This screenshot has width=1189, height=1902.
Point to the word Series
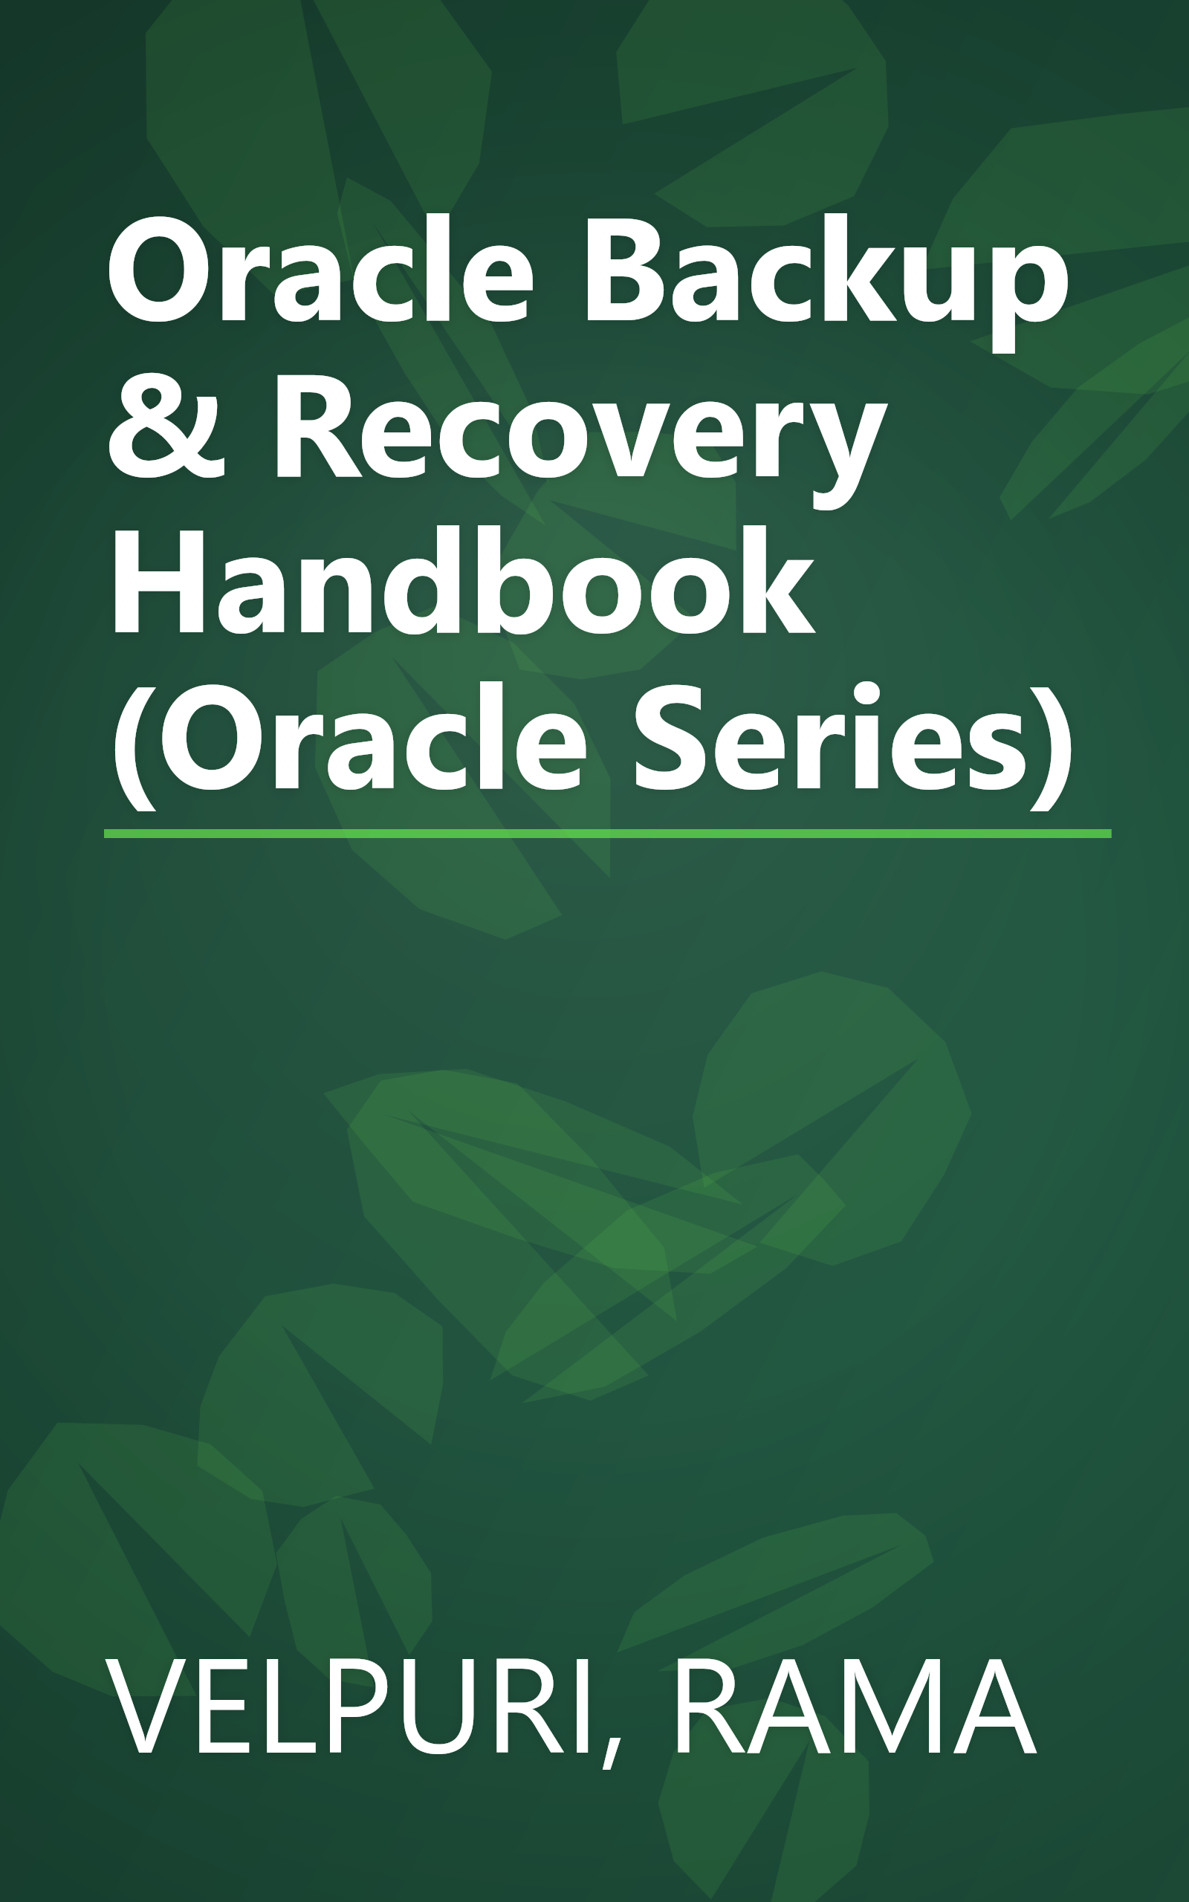[x=829, y=739]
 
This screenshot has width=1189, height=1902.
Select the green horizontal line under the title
[x=607, y=833]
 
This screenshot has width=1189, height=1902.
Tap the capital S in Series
[x=668, y=739]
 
